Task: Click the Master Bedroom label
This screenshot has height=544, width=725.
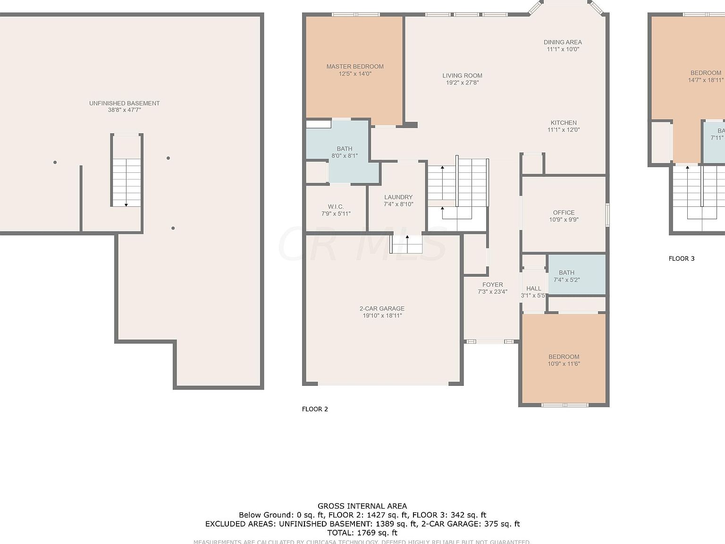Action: [x=355, y=67]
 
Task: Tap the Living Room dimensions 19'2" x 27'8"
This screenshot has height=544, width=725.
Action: [x=462, y=83]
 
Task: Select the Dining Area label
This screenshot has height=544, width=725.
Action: [x=563, y=42]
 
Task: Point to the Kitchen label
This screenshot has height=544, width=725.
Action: [x=564, y=123]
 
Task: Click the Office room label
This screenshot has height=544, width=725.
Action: [x=564, y=212]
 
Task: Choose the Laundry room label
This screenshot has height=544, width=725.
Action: [x=398, y=197]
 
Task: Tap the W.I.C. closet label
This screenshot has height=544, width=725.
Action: [x=336, y=207]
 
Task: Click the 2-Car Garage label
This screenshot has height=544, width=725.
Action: [x=382, y=309]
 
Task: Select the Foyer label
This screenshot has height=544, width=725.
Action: [x=492, y=285]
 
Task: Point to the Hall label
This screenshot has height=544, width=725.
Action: [x=533, y=289]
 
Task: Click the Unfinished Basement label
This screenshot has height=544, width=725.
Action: [x=124, y=103]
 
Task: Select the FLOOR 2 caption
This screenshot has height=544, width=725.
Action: [x=315, y=409]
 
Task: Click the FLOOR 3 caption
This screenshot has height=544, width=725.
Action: [x=682, y=258]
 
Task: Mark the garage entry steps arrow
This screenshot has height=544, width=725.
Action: [x=407, y=238]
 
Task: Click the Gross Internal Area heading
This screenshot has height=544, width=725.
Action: [x=362, y=506]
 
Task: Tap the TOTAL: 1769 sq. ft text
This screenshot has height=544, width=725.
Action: [x=362, y=533]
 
